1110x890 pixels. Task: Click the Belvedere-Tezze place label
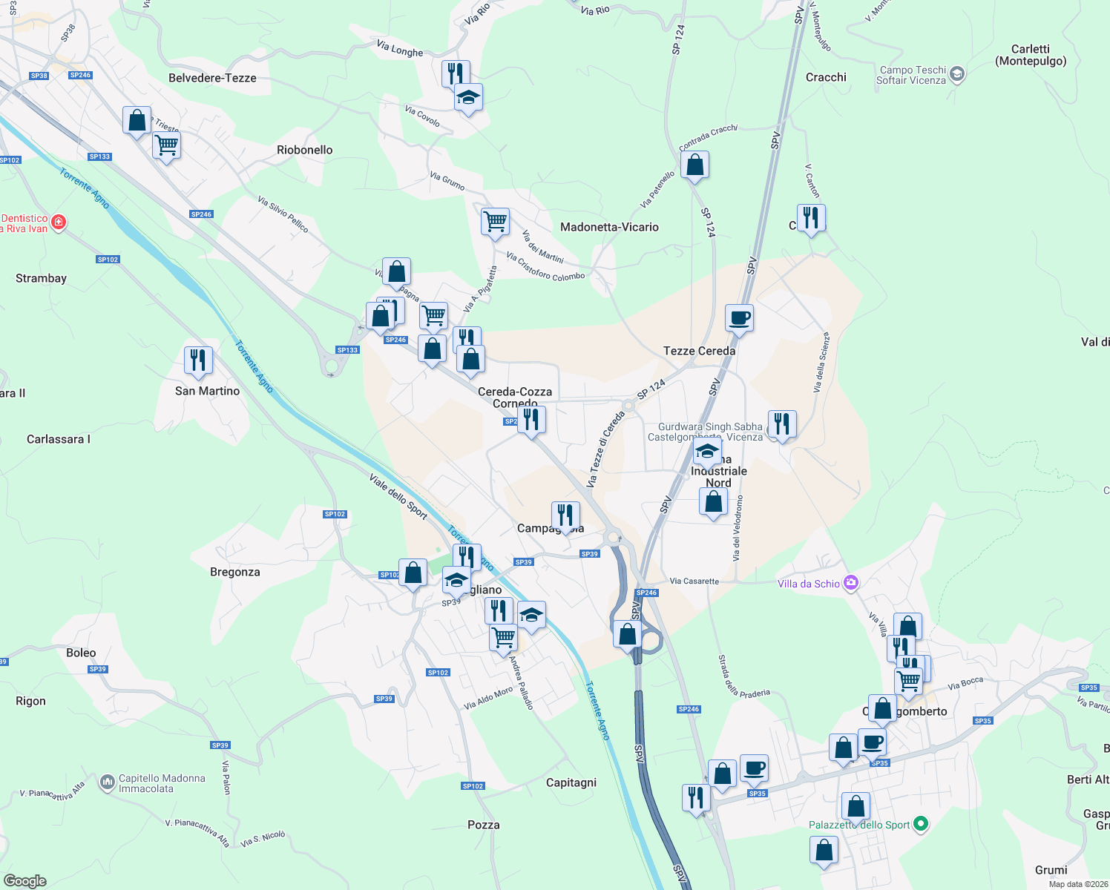click(212, 78)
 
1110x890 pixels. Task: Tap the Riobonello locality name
click(304, 150)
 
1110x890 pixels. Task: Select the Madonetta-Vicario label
click(609, 227)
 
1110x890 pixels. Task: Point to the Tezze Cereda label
click(699, 351)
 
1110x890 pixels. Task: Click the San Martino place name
click(207, 391)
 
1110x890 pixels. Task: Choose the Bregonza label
click(234, 572)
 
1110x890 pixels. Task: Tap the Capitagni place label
click(571, 782)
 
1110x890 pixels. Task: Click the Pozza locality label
click(483, 825)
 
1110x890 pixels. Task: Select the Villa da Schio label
click(809, 584)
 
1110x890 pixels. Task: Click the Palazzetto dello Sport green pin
click(921, 824)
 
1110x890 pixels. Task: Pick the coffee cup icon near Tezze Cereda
click(739, 318)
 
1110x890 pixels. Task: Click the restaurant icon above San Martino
click(198, 360)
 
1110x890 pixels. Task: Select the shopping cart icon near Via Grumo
click(495, 221)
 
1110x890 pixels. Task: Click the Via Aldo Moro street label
click(488, 698)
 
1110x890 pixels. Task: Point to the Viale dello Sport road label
click(398, 496)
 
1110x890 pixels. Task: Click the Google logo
click(24, 881)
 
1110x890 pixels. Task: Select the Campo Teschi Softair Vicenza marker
click(957, 73)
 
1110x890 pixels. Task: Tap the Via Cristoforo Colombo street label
click(545, 266)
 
